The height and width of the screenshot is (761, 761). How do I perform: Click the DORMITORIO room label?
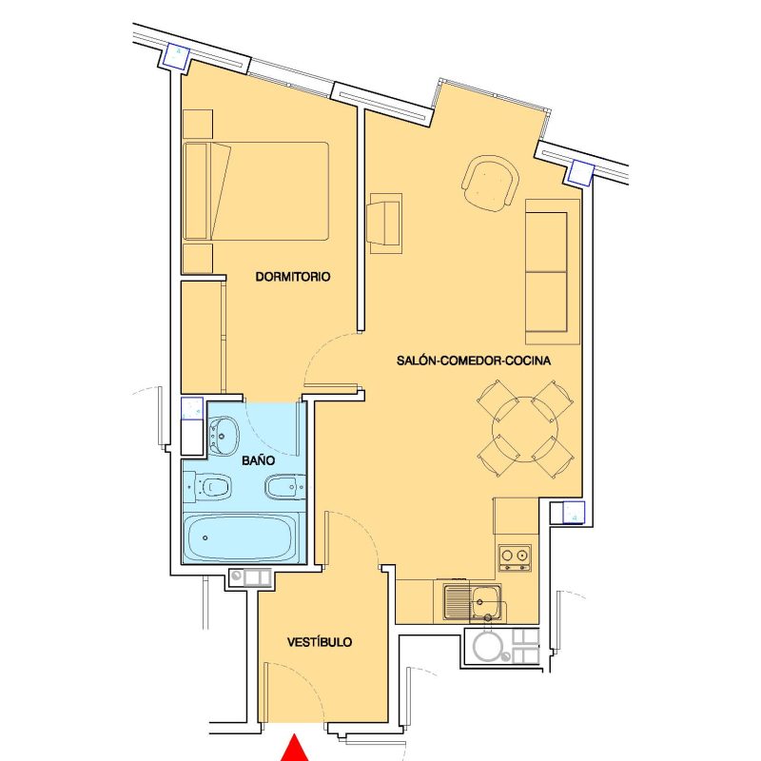[x=292, y=278]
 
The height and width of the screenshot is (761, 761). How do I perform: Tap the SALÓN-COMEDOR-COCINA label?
[x=474, y=361]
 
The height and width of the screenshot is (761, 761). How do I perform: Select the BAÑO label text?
[x=258, y=459]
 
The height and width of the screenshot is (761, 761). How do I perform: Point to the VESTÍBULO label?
[x=320, y=642]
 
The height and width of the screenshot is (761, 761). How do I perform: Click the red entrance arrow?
[x=296, y=749]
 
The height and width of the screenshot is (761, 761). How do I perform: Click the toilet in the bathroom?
[x=212, y=488]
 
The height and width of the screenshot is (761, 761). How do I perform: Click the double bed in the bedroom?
[x=271, y=190]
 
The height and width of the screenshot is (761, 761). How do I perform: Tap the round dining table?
[x=524, y=428]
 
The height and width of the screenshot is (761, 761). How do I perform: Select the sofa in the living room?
[x=553, y=271]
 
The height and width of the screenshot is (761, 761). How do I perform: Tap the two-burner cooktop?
[x=515, y=556]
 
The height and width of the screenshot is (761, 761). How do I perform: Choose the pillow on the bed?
[x=220, y=190]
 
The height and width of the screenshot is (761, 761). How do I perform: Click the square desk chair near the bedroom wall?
[x=386, y=224]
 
